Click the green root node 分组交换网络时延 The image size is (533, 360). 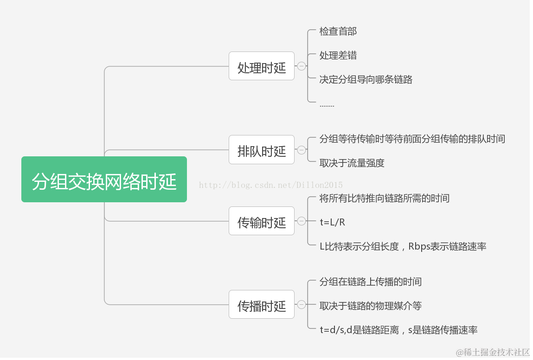click(104, 180)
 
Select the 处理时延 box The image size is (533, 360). click(262, 66)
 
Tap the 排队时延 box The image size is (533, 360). click(262, 150)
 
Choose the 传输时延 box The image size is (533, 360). click(262, 221)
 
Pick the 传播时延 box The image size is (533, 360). click(262, 305)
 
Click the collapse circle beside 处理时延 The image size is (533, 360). click(302, 66)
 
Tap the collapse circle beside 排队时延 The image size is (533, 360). click(302, 150)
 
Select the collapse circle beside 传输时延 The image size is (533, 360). click(302, 221)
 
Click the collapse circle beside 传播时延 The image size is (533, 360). click(302, 305)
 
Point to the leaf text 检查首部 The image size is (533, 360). click(338, 32)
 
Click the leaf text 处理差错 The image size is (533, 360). click(338, 56)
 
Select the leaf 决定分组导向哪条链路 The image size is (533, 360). click(366, 80)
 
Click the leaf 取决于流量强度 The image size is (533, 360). click(352, 163)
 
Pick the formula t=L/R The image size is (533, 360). click(333, 223)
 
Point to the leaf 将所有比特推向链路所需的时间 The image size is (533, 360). click(385, 199)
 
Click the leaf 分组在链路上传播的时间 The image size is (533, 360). click(371, 282)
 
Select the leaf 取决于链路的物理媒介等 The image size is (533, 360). click(371, 306)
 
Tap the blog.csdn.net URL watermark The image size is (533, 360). click(270, 185)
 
